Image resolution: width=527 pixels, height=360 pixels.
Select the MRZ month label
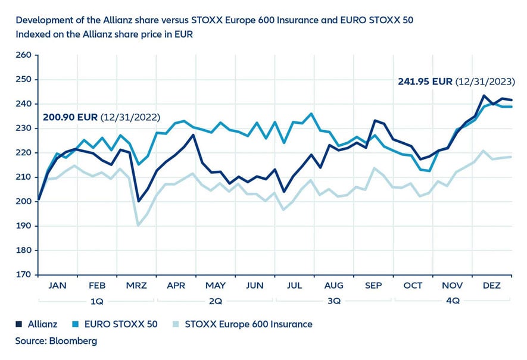136,286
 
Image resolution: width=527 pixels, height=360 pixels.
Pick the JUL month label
294,286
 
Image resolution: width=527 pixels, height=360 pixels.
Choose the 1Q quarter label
96,301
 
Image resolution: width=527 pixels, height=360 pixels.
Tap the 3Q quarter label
334,301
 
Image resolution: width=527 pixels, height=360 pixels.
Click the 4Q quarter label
453,301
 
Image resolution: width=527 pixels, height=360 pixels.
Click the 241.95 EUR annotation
425,82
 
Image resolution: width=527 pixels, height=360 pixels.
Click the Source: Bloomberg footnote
56,341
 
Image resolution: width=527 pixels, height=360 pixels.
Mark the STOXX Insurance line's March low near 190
138,226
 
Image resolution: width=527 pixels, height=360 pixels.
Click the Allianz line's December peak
484,95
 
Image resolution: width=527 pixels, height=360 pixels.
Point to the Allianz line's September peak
375,121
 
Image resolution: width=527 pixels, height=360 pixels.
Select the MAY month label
215,286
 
